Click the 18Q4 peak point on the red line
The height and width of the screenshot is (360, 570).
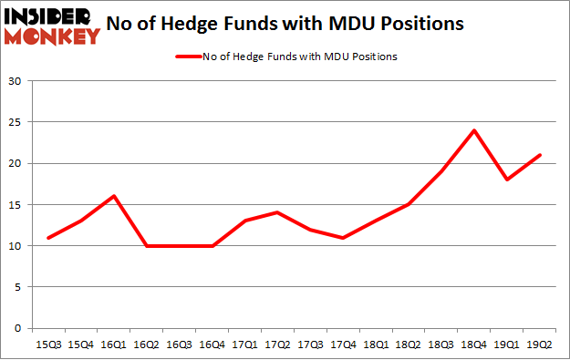pos(474,129)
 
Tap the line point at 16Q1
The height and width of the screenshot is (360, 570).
pos(114,196)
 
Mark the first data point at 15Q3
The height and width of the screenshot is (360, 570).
pos(47,237)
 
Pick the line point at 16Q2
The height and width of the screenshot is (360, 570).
pos(147,245)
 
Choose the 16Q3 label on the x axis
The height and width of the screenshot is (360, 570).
pos(180,344)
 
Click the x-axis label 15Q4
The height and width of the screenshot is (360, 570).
pos(80,344)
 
